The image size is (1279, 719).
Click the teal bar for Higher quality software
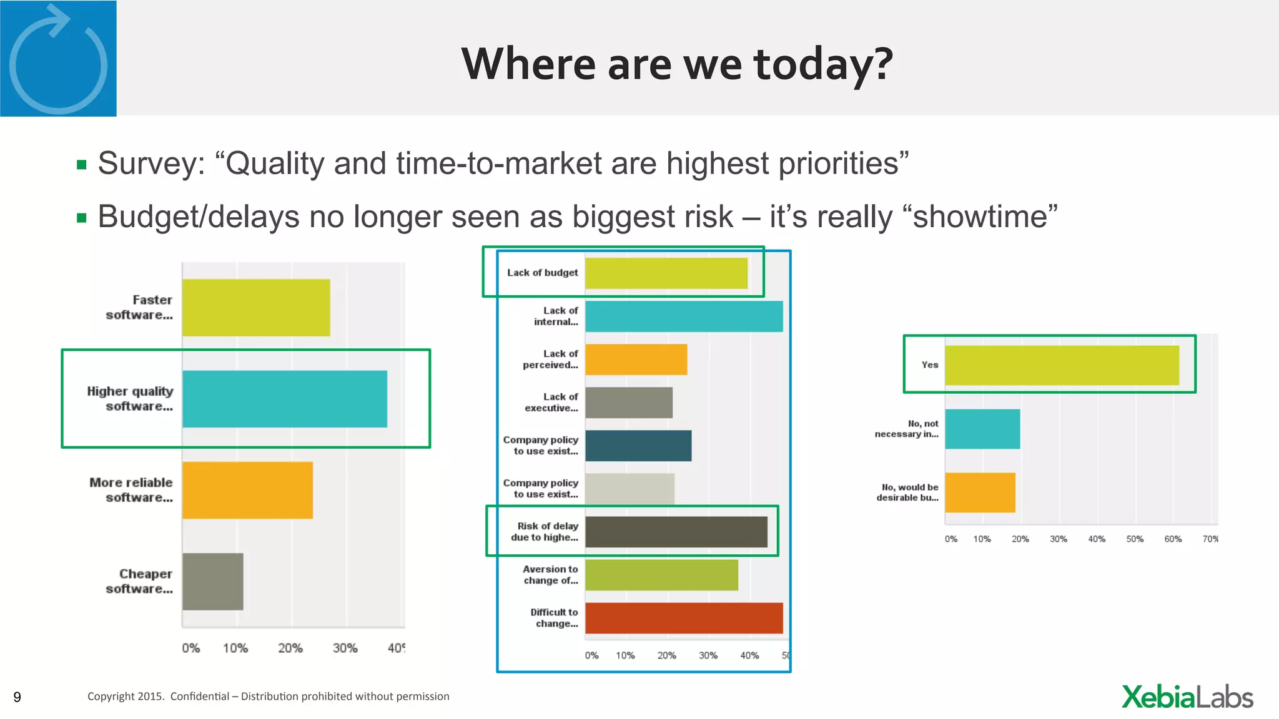285,399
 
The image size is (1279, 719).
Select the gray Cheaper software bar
213,581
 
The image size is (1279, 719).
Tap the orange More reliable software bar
247,490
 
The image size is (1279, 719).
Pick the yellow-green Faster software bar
256,307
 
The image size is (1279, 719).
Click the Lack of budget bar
666,273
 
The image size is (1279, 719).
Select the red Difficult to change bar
684,618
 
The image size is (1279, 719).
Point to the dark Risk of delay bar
676,532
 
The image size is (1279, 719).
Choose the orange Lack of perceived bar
636,359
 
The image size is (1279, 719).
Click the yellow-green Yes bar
1062,365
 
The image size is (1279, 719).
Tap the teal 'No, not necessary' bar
982,429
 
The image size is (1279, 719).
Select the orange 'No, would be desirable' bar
980,492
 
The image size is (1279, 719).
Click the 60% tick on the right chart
1173,539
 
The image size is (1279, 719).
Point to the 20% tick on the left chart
290,648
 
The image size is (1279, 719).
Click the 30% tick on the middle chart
708,655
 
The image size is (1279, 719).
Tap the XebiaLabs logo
1187,697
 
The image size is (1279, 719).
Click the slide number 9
17,697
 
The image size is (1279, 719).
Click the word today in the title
823,64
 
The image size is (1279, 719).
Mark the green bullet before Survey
81,165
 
